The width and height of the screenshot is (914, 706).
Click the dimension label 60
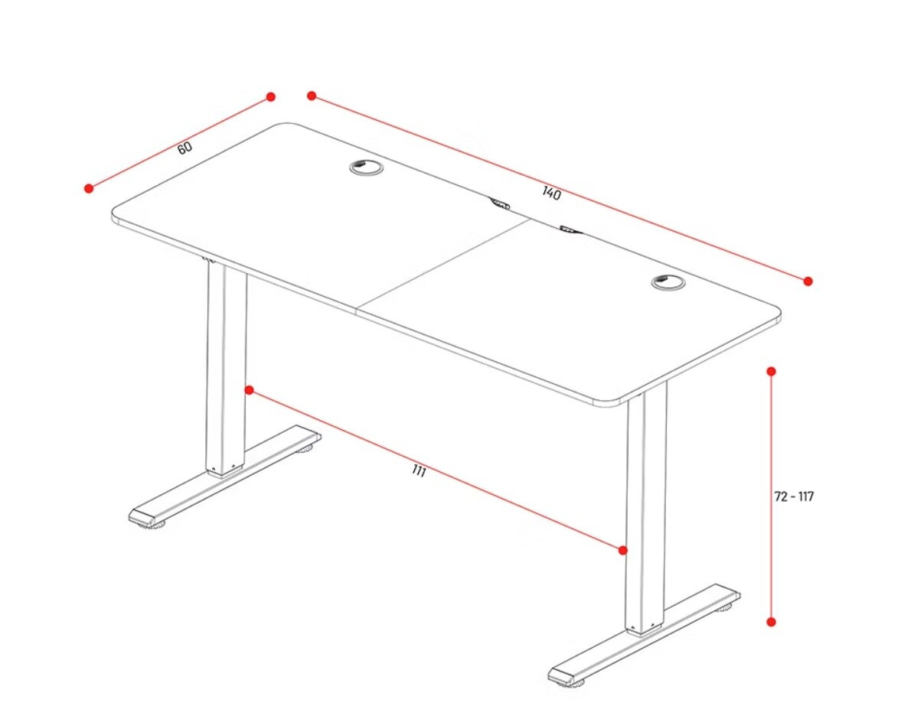tap(184, 148)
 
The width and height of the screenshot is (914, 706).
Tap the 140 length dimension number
tap(551, 193)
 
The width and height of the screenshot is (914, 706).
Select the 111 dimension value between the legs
tap(419, 471)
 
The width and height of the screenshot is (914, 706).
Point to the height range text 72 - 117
tap(794, 496)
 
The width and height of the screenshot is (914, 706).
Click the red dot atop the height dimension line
tap(771, 371)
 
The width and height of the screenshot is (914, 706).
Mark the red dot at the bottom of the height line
tap(771, 622)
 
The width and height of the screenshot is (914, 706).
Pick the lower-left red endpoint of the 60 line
tap(89, 188)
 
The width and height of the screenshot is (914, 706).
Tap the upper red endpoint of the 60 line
tap(270, 96)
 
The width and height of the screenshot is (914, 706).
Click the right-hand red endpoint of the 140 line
tap(808, 281)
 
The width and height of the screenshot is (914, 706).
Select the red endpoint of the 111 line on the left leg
tap(250, 390)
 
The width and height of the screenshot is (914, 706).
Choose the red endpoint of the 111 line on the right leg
tap(623, 550)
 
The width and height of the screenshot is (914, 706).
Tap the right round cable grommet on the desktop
tap(668, 282)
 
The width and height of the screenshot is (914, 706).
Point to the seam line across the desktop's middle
tap(443, 265)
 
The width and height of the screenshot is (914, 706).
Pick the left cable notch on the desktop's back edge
tap(499, 203)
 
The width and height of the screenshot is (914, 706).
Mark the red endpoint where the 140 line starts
tap(312, 96)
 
